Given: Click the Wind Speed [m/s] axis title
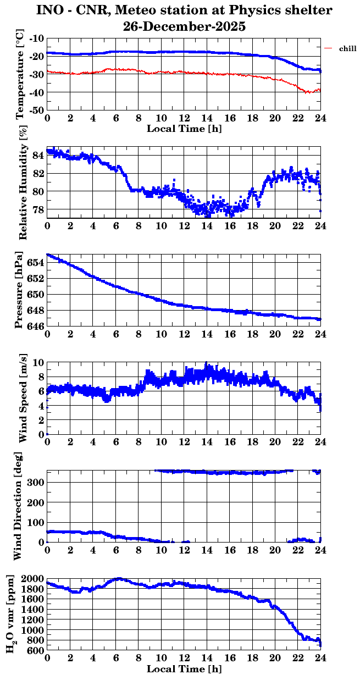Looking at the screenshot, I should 23,399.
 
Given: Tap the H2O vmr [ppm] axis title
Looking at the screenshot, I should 11,614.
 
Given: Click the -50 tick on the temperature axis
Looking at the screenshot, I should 37,110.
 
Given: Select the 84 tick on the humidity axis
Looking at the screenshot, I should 38,156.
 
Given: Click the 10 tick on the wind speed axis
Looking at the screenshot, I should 38,362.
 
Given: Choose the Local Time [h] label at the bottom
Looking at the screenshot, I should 184,669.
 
